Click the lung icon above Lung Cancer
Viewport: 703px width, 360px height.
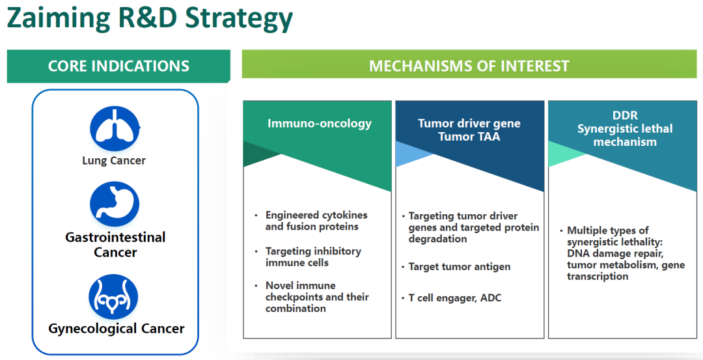point(114,128)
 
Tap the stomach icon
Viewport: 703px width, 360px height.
point(114,204)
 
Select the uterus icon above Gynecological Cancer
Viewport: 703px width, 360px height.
point(114,296)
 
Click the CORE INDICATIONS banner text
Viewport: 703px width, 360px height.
point(118,66)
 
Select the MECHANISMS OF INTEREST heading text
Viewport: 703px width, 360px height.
point(469,66)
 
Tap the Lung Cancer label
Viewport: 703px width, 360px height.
point(114,161)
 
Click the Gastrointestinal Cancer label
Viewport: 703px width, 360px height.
point(115,245)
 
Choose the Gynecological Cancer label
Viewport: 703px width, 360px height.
point(117,329)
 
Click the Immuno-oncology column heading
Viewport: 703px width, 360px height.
point(320,123)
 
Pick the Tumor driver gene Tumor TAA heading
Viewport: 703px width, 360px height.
point(469,130)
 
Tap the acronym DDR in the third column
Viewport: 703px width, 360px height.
point(624,116)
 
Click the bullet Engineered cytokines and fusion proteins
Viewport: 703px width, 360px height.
point(316,221)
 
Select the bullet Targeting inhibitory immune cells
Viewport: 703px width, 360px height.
point(313,256)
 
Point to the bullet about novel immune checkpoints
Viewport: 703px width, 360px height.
point(317,297)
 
